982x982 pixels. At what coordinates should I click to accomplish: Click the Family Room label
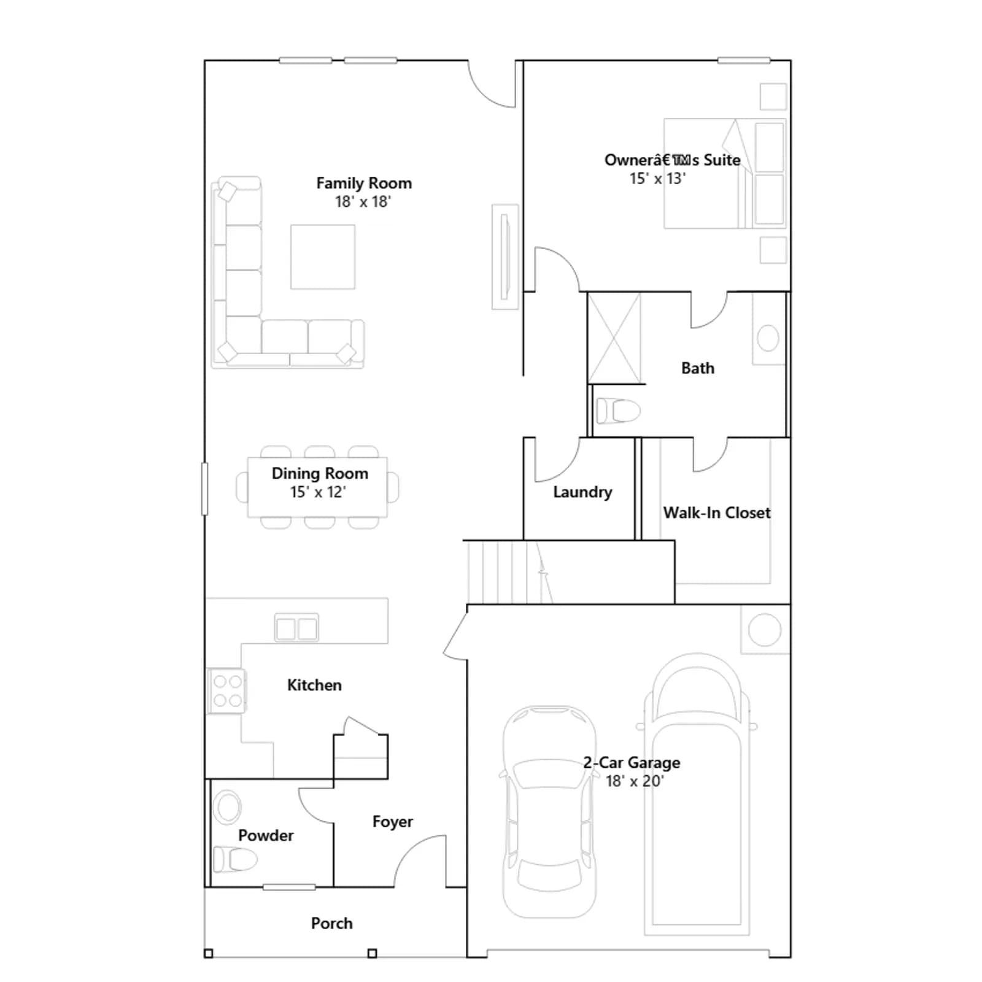point(364,184)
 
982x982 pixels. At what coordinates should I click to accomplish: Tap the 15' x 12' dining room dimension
point(318,492)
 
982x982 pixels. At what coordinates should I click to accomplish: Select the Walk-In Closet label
point(717,513)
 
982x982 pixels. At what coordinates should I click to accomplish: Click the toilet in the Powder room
point(235,859)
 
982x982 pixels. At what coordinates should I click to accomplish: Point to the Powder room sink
point(227,806)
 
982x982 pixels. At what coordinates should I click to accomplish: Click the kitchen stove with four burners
point(226,691)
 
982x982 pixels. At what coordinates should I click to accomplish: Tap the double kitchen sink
point(296,628)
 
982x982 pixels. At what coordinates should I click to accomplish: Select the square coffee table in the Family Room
point(323,257)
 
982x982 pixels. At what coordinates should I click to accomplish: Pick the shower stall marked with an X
point(614,338)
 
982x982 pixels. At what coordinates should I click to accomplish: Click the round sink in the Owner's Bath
point(768,338)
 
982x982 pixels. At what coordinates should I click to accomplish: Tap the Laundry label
point(582,492)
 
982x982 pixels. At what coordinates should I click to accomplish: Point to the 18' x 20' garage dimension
point(635,781)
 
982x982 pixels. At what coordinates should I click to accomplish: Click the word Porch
point(332,924)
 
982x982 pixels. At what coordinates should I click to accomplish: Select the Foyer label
point(393,822)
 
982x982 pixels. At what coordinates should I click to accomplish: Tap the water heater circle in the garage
point(765,630)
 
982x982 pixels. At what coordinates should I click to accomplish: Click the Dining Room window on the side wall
point(205,489)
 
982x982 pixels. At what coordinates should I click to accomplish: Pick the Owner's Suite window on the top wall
point(744,60)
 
